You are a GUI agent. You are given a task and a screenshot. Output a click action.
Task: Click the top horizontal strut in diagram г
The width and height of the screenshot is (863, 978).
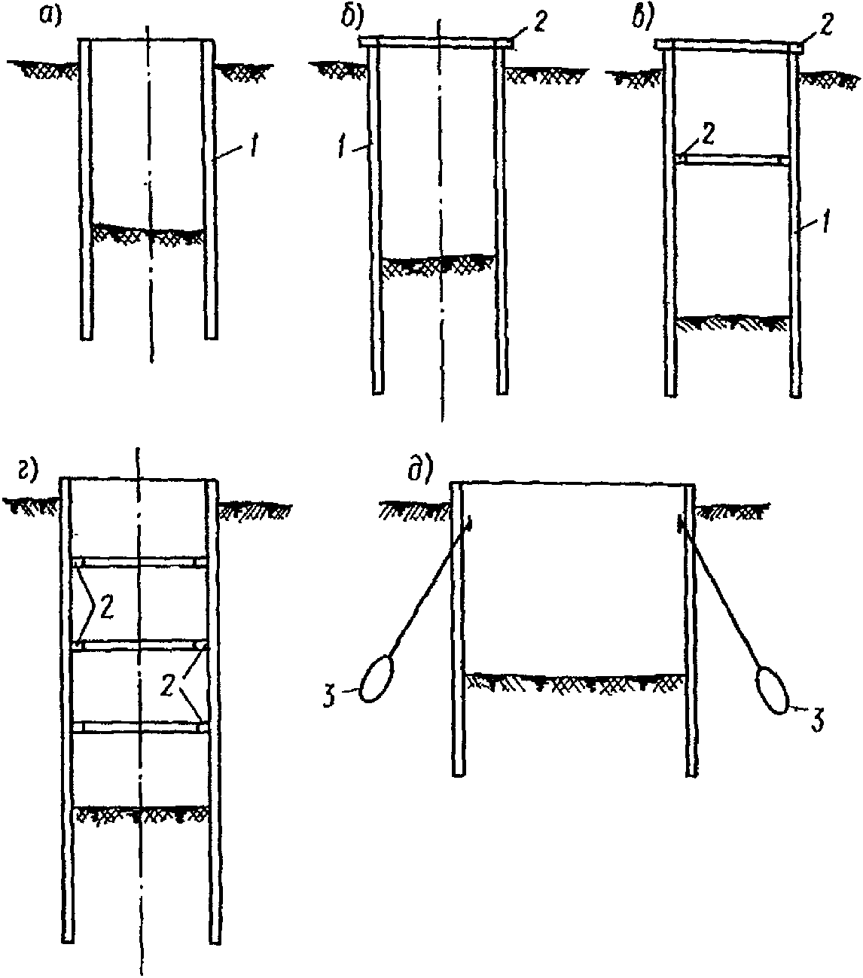pos(139,562)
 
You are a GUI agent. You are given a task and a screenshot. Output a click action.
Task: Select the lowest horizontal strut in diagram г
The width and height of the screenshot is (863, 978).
pos(139,727)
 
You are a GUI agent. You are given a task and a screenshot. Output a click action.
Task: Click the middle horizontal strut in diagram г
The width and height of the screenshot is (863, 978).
pos(139,645)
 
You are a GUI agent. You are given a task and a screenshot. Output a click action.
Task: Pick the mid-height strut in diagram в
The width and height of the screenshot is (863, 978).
pos(732,160)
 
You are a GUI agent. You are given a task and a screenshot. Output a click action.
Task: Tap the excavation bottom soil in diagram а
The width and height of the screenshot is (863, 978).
pos(148,232)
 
